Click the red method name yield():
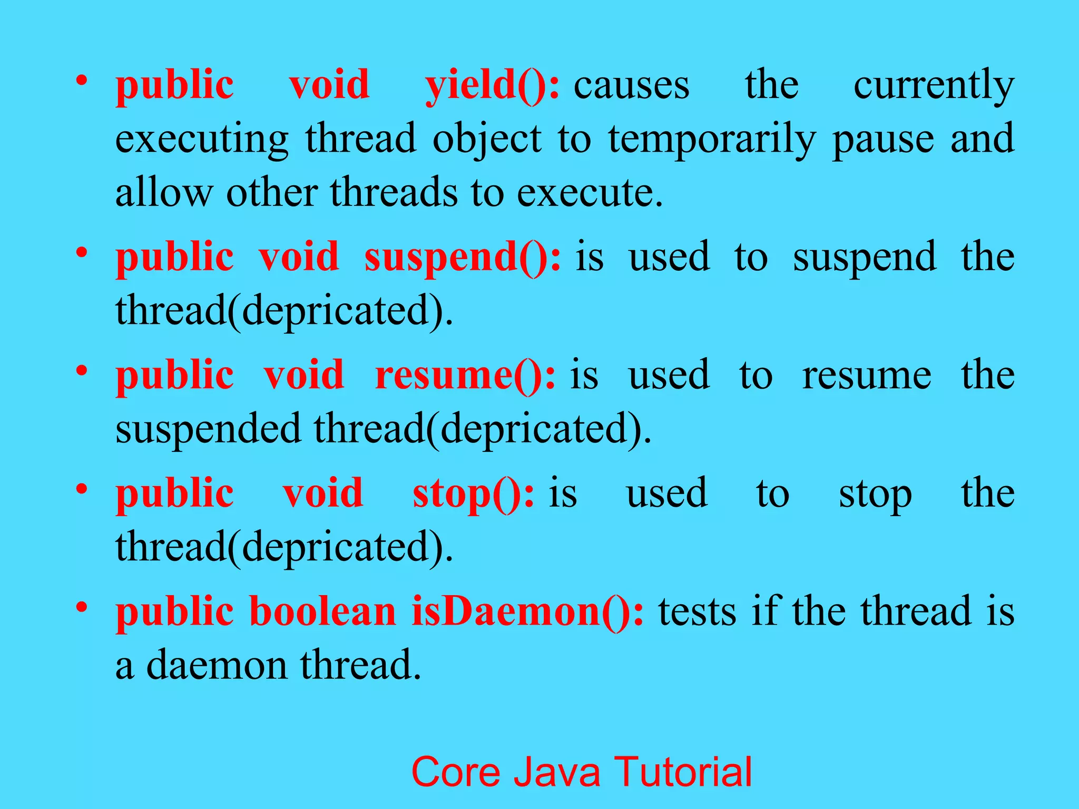pos(492,85)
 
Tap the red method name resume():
pos(465,376)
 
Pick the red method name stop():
pos(473,494)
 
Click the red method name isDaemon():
pos(527,611)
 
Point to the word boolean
pos(322,611)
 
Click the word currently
pos(934,85)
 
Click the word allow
pos(164,192)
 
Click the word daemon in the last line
pos(217,665)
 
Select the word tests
pos(697,611)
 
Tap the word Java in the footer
pos(557,772)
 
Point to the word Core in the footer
pos(455,772)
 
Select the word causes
pos(631,85)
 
